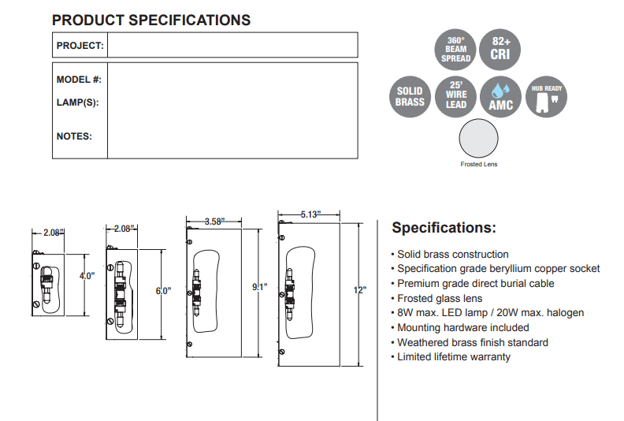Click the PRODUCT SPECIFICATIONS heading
[151, 20]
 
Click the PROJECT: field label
[80, 45]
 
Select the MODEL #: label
[79, 80]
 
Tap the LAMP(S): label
[77, 102]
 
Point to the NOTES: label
[74, 136]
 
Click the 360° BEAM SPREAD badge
[456, 50]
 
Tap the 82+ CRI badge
[500, 50]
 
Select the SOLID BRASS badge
[410, 97]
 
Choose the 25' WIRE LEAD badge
[456, 97]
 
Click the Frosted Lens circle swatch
[479, 140]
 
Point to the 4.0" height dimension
[86, 276]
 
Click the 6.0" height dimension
[163, 291]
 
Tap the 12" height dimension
[360, 290]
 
